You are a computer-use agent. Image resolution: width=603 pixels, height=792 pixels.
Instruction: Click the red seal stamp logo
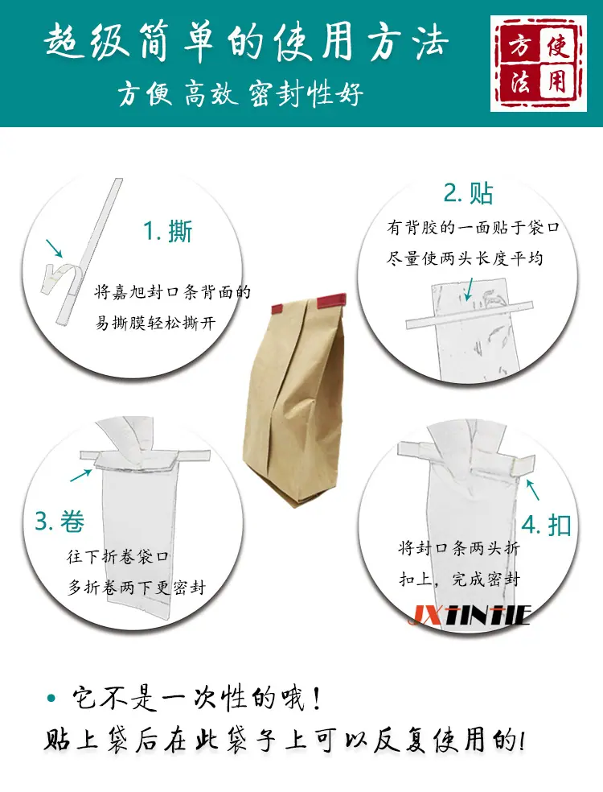pos(539,63)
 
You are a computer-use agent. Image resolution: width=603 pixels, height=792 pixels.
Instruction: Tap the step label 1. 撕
pos(168,232)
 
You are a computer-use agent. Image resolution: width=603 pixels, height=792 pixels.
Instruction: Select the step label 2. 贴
pos(468,193)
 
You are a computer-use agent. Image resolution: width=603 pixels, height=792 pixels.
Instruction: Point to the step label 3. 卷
pos(59,522)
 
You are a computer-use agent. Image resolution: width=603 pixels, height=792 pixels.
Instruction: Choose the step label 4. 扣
pos(547,526)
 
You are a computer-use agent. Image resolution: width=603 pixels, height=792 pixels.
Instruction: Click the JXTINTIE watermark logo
pos(470,615)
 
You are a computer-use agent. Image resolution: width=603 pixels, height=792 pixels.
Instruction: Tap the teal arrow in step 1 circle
pos(54,248)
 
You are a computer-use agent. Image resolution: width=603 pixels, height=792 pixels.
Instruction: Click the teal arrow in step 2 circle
pos(470,289)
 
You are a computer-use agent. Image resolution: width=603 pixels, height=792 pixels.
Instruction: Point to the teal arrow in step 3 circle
pos(80,476)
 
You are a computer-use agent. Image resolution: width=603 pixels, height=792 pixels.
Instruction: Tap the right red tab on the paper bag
pos(331,301)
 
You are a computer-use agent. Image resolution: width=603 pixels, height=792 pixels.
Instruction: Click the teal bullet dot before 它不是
pos(51,699)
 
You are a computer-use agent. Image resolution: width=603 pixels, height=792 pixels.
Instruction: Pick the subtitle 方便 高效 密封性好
pos(240,94)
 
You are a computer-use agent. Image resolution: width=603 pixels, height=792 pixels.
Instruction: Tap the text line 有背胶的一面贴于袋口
pos(474,227)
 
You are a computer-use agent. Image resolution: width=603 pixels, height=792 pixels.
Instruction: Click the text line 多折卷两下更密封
pos(137,588)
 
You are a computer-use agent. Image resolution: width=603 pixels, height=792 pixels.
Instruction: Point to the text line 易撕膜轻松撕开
pos(156,322)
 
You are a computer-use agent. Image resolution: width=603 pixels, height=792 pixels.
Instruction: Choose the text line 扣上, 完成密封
pos(459,579)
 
